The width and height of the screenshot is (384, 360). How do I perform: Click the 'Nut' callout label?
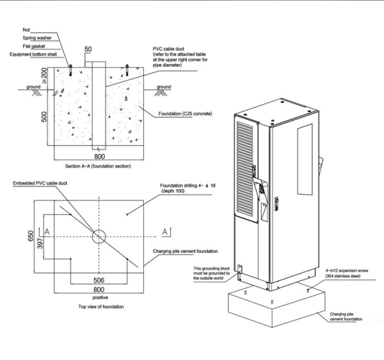26,30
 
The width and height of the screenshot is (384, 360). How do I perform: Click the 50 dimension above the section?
88,49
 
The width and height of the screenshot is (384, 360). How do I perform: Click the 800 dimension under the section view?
99,156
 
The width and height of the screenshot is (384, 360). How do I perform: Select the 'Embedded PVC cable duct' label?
41,183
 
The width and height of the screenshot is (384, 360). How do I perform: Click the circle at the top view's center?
99,236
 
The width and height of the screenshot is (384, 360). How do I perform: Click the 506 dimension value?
99,281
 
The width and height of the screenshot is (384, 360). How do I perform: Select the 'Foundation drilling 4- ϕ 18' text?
188,186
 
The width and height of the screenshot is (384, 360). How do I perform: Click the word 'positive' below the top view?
99,298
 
